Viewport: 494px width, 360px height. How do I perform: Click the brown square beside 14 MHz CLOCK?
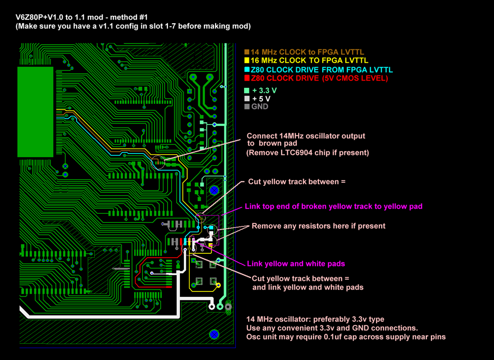[247, 52]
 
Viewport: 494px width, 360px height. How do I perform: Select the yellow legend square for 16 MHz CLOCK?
[247, 61]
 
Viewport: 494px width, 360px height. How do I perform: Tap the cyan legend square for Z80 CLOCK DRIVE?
[247, 69]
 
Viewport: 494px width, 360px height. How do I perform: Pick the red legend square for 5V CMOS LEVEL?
[247, 78]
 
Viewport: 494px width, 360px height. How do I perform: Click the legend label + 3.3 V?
[264, 90]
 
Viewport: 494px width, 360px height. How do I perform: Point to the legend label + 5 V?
[261, 98]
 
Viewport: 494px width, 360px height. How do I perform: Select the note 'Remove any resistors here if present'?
[318, 226]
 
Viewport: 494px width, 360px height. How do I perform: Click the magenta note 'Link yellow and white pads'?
[296, 264]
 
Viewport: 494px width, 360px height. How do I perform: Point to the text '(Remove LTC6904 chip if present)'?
[307, 152]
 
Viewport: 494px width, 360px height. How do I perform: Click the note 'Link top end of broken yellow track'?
[333, 207]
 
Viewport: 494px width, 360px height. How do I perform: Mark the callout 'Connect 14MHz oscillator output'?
[306, 136]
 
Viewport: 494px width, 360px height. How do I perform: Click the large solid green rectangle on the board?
[35, 112]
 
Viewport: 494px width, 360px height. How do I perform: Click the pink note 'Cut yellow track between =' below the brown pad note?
[297, 182]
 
